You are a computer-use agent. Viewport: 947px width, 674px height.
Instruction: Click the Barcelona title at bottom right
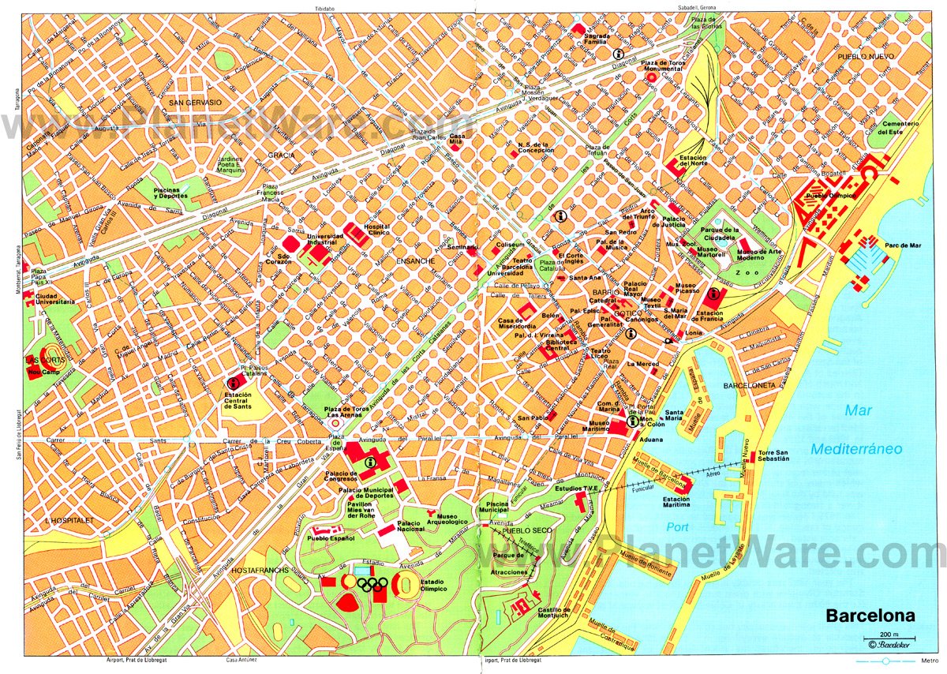pyautogui.click(x=871, y=615)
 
